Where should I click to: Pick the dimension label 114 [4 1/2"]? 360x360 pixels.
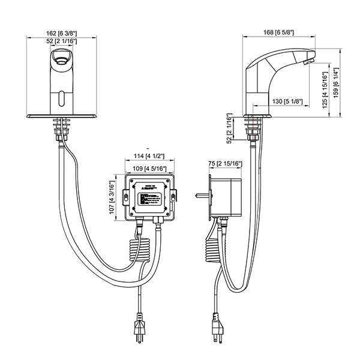point(149,157)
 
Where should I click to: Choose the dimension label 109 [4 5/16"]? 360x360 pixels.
point(149,168)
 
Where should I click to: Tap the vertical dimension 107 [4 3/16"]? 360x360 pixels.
point(112,198)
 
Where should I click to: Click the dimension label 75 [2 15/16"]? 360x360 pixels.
point(225,163)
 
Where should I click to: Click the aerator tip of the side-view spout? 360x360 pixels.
point(308,61)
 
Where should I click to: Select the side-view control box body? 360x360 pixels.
point(227,195)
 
